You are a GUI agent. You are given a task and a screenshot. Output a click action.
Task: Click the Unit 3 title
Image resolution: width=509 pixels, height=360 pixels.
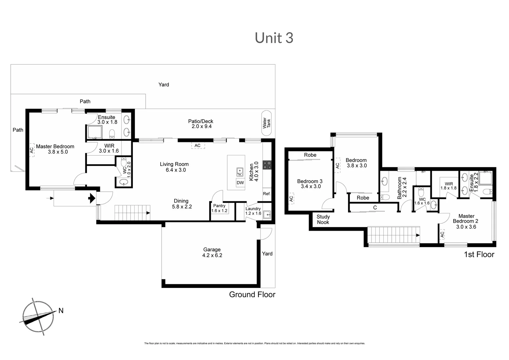(x=274, y=38)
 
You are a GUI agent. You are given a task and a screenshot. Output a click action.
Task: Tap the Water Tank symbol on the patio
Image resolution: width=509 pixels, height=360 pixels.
(x=266, y=123)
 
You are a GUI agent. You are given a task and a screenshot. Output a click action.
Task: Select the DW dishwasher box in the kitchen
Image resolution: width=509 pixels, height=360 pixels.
(x=240, y=183)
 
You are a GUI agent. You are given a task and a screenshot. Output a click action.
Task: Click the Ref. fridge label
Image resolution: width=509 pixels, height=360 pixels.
(x=267, y=194)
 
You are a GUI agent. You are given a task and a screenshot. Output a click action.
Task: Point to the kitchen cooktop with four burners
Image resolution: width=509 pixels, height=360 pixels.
(x=267, y=165)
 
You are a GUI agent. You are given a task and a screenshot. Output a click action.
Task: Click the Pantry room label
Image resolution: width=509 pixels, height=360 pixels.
(x=219, y=206)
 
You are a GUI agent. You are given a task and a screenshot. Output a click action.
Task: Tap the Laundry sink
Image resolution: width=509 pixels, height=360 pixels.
(x=267, y=214)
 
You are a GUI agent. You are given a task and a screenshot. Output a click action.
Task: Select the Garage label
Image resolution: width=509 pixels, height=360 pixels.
(x=212, y=249)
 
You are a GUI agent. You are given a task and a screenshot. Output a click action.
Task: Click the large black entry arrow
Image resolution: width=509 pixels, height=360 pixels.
(x=92, y=198)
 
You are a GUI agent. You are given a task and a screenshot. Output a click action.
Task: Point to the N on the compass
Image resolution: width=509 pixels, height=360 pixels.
(x=61, y=311)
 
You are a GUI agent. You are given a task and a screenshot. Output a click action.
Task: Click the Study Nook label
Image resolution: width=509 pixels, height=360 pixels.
(x=323, y=219)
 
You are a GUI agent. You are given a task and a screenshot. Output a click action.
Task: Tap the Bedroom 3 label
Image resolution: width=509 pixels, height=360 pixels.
(x=310, y=181)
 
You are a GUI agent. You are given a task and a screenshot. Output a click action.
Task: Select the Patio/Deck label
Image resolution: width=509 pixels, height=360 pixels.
(x=201, y=121)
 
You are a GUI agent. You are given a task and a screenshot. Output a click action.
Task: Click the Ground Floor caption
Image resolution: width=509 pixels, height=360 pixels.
(x=252, y=295)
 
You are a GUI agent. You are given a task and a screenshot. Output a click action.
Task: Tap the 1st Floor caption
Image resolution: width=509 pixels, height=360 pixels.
(x=479, y=254)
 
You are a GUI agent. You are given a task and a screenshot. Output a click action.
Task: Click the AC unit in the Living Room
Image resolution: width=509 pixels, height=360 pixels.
(x=198, y=146)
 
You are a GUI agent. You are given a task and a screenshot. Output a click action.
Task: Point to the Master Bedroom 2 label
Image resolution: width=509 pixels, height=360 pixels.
(x=466, y=219)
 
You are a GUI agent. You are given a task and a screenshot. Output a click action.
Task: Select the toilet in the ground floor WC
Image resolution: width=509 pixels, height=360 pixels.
(x=124, y=162)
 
